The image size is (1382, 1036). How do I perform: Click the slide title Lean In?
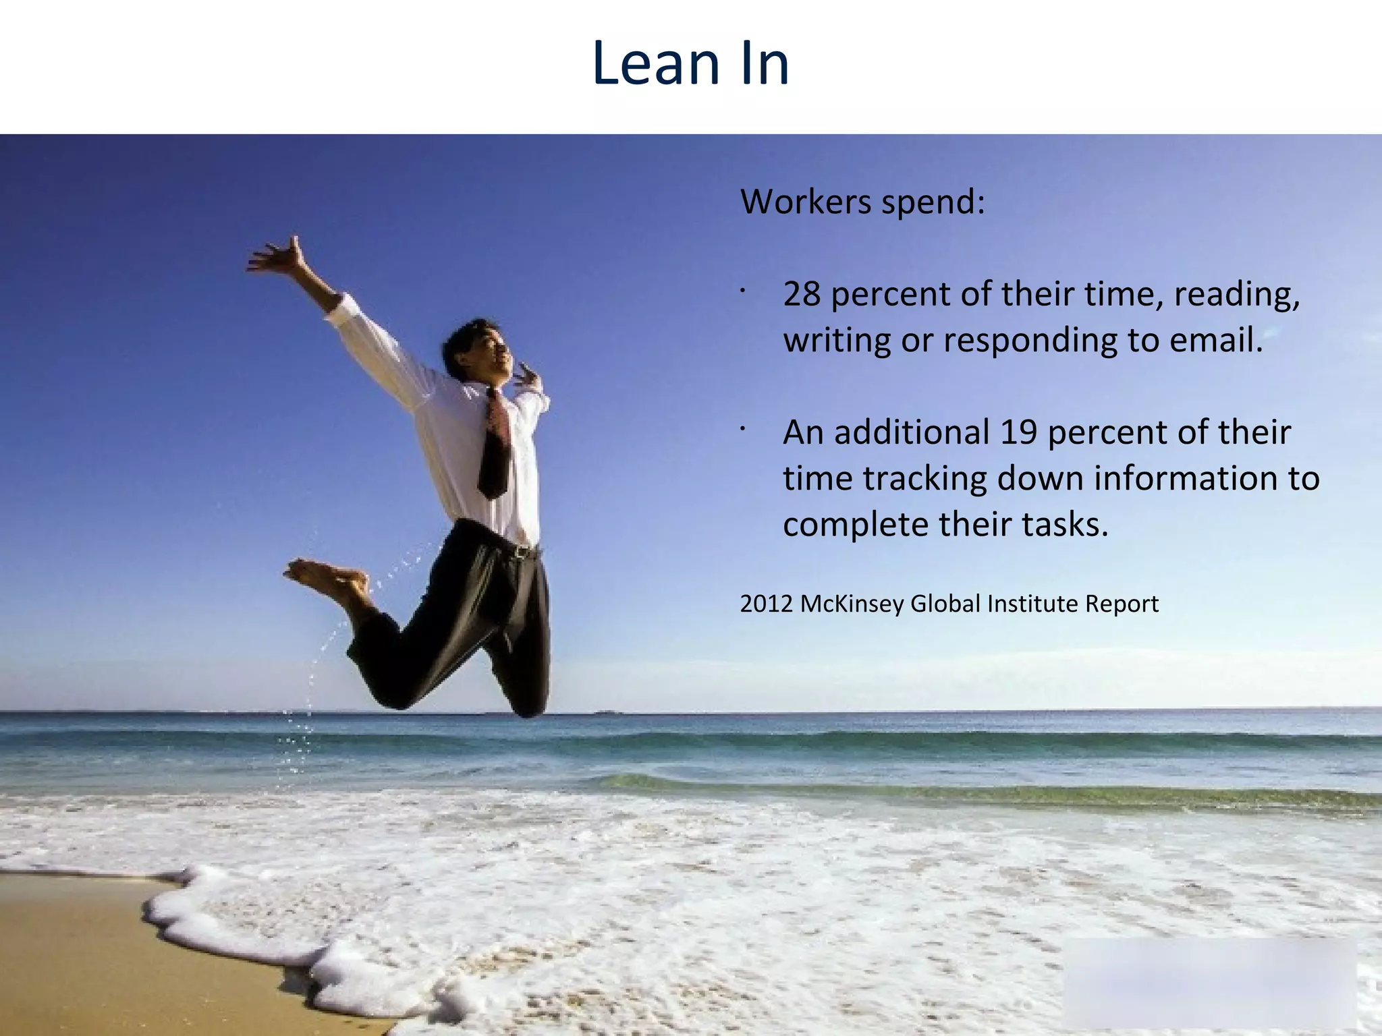point(690,63)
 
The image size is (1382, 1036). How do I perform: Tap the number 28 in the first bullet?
point(802,294)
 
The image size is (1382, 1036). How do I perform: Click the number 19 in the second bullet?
point(1018,432)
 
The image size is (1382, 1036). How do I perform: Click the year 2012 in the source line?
point(766,604)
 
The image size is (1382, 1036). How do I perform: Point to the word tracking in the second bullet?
point(924,478)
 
